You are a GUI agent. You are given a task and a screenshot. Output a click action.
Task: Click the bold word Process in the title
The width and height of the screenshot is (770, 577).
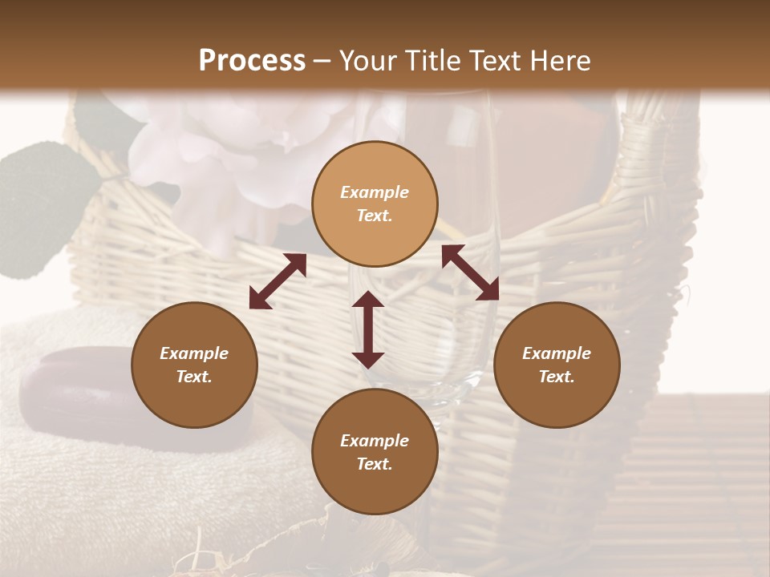[x=252, y=61]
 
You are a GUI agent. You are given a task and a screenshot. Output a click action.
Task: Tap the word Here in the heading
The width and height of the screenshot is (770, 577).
[x=558, y=61]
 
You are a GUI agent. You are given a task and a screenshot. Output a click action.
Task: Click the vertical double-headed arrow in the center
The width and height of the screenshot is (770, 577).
[x=368, y=329]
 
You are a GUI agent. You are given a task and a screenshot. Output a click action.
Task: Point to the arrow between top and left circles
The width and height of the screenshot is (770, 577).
[x=278, y=281]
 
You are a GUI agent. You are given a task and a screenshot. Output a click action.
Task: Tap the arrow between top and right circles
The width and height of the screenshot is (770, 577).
[x=470, y=272]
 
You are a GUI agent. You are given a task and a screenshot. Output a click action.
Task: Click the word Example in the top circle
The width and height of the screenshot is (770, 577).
[x=375, y=192]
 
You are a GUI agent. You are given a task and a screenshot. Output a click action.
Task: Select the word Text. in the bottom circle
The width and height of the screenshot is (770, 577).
[x=375, y=464]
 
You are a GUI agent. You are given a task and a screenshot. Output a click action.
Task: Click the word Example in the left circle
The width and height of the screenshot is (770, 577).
[x=194, y=353]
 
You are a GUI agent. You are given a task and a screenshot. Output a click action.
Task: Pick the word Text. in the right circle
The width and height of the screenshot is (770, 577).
[x=557, y=377]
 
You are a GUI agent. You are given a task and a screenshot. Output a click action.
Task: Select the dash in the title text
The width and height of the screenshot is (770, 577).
[x=322, y=62]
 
